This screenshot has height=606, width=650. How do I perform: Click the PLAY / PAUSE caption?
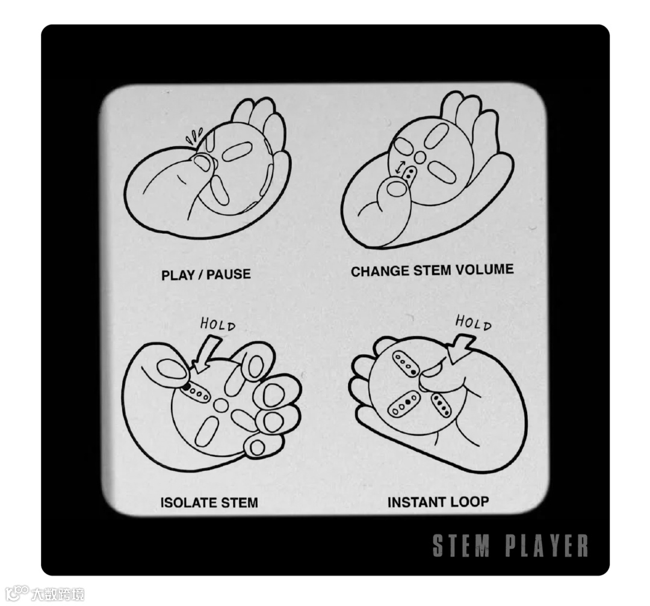206,275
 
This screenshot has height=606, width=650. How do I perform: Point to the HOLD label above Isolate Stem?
218,324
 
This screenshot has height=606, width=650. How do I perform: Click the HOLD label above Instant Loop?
474,322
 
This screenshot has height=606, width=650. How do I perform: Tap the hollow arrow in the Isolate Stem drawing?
206,353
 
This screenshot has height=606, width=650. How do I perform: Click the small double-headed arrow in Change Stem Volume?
399,167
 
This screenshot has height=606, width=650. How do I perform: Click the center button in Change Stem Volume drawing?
420,156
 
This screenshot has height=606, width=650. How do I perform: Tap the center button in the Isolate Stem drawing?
220,405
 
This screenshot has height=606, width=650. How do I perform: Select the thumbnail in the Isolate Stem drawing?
169,369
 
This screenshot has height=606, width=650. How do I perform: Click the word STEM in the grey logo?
461,545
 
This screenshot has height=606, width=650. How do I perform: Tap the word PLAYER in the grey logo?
546,545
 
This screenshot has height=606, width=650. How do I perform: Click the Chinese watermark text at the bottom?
58,595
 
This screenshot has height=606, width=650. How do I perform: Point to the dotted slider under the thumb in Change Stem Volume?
410,173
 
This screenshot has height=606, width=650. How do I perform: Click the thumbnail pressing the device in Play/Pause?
203,164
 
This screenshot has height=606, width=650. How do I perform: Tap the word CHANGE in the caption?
380,271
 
